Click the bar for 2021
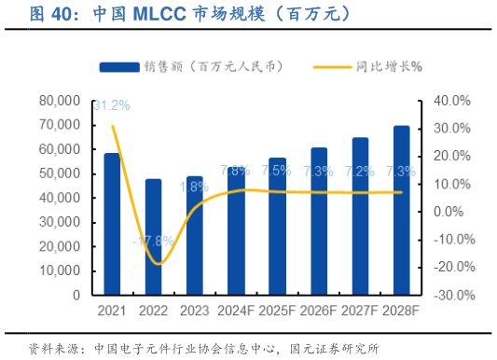112,224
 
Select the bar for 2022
153,237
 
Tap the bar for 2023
195,235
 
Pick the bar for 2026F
319,221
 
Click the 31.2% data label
112,104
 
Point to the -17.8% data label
153,241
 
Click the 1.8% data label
194,187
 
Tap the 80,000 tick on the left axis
59,101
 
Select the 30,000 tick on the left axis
59,222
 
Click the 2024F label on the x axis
236,310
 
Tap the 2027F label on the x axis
360,310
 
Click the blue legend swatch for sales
117,66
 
